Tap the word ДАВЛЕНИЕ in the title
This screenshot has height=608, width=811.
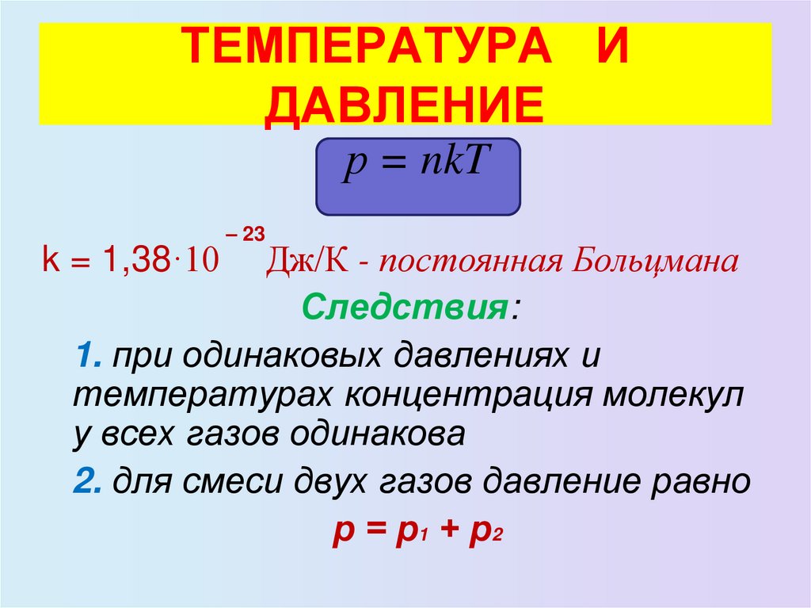[405, 103]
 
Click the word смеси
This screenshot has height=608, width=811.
[238, 481]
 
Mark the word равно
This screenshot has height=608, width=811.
[700, 481]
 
